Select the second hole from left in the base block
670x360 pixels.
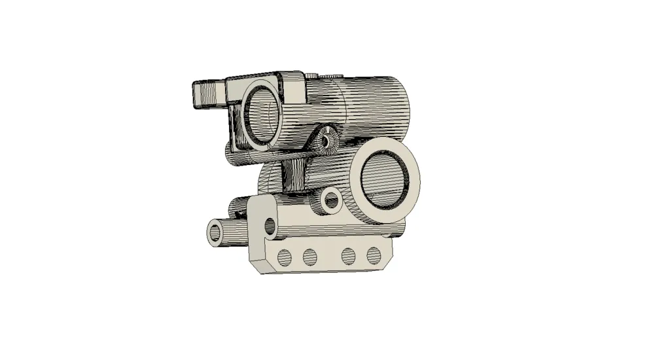[310, 256]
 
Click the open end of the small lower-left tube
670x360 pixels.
[216, 232]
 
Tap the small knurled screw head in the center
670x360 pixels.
[327, 140]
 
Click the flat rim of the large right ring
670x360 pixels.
[412, 190]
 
